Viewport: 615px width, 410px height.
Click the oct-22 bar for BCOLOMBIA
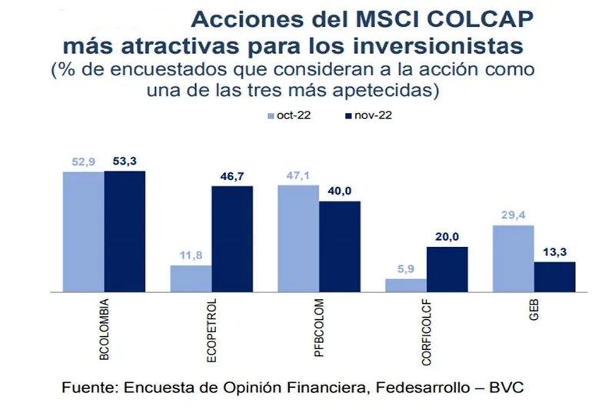coord(83,232)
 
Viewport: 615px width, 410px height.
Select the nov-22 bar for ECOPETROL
coord(232,239)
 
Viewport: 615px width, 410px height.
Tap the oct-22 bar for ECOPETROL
coord(191,278)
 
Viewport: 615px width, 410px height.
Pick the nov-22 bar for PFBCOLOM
coord(340,246)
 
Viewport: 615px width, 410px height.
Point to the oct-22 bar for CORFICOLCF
coord(405,285)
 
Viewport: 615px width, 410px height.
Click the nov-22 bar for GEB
coord(554,277)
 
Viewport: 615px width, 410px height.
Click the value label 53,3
coord(125,160)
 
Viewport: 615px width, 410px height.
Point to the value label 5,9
coord(405,268)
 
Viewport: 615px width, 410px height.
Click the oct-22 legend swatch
coord(271,116)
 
